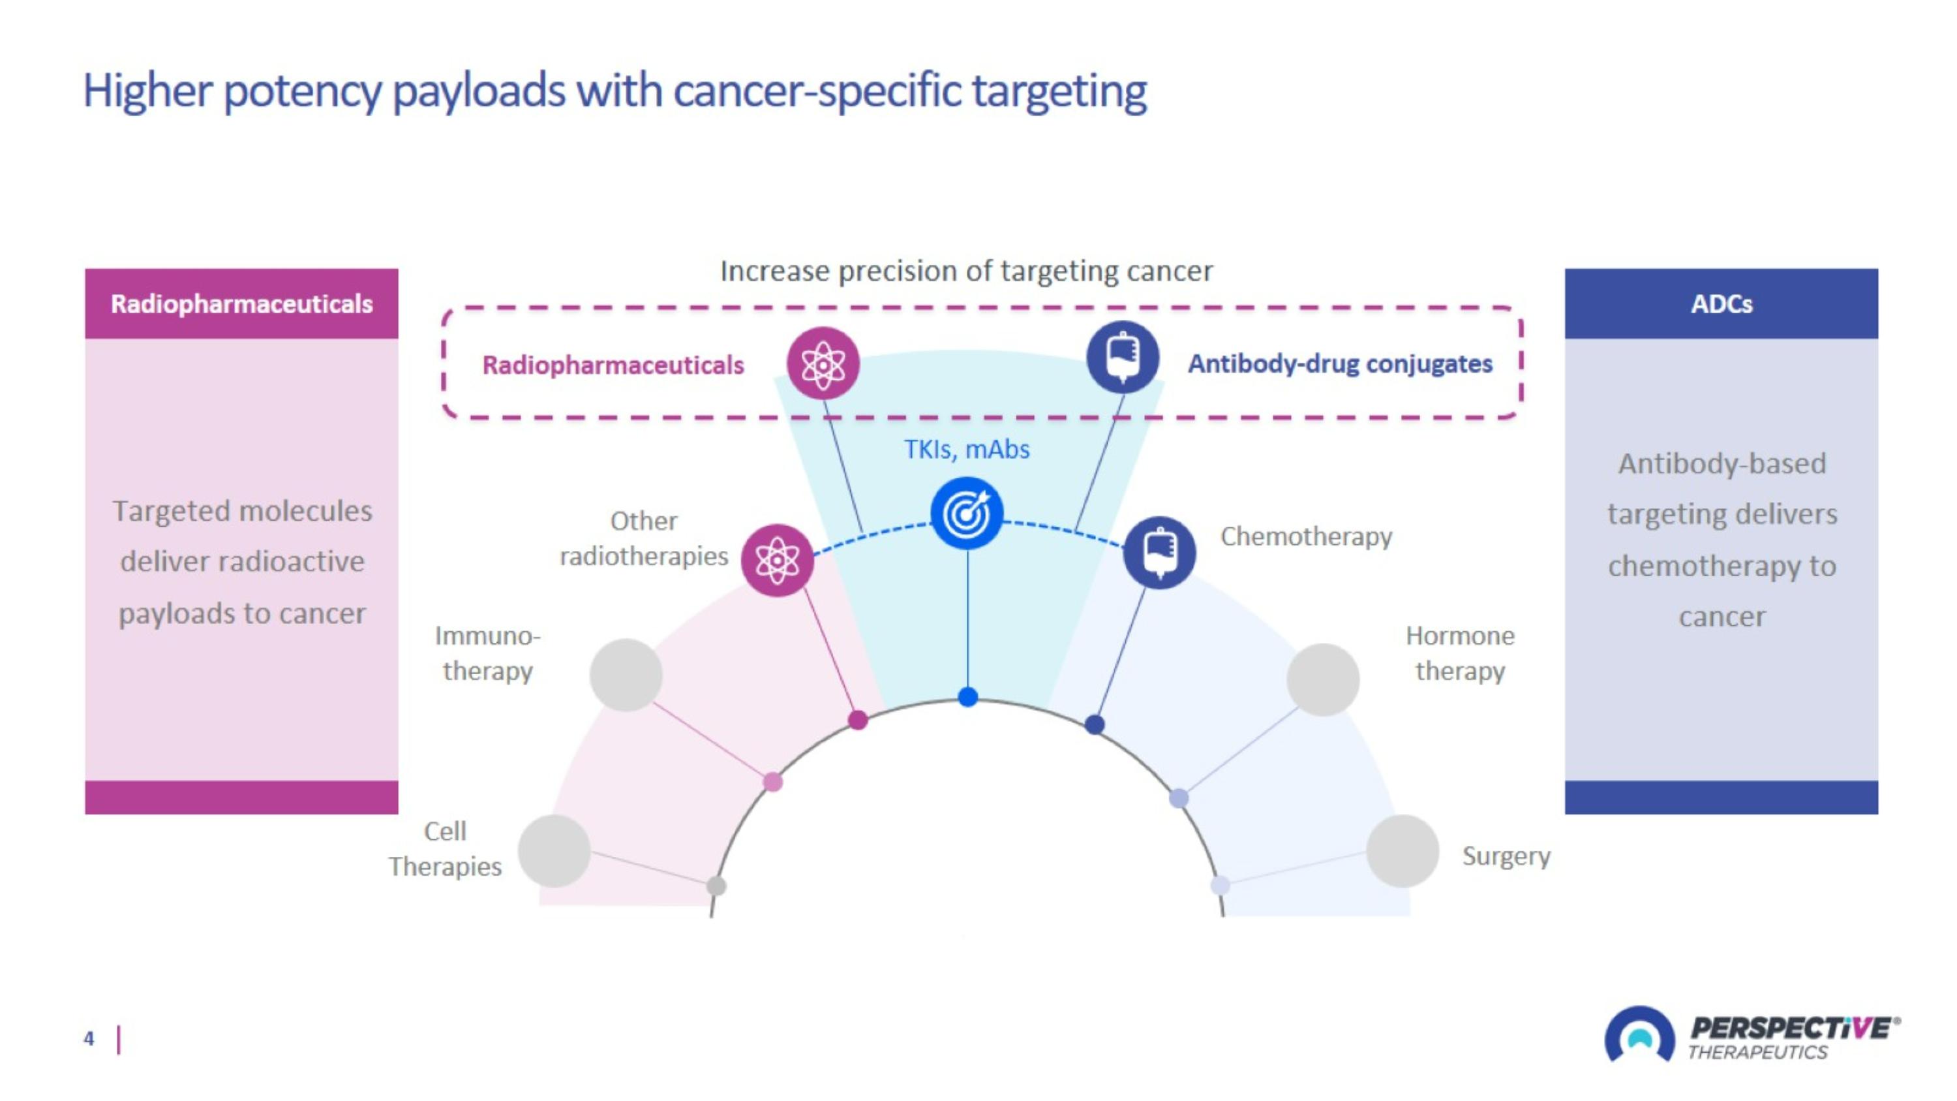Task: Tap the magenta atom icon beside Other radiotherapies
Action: (x=776, y=560)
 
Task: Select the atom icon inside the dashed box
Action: (x=822, y=364)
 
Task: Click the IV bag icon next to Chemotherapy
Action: (x=1159, y=552)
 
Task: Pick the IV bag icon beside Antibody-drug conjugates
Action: (x=1122, y=357)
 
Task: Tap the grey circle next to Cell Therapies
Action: (x=554, y=851)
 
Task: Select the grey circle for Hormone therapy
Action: (x=1323, y=679)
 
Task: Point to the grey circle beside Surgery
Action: (x=1402, y=851)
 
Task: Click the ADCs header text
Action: (x=1721, y=304)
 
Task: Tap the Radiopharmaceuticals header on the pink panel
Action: (x=241, y=304)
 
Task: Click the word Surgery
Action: (x=1506, y=856)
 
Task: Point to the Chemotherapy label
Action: (x=1306, y=536)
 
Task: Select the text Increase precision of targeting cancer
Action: (x=966, y=271)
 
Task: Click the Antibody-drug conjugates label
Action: (x=1339, y=364)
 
